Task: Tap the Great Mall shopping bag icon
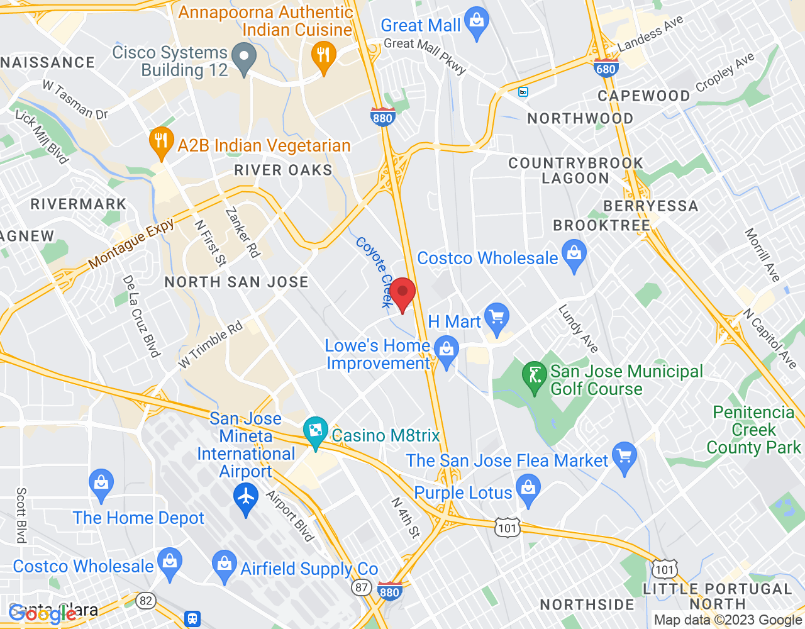coord(477,23)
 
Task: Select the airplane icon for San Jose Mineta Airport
coord(245,497)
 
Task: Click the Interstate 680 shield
coord(606,69)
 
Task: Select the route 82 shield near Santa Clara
coord(146,601)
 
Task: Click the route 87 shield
coord(361,587)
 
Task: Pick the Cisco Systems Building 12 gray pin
coord(244,57)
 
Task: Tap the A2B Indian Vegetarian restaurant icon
coord(162,142)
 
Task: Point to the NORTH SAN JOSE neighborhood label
coord(236,282)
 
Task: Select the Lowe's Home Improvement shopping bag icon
coord(447,352)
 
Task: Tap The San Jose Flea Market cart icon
coord(625,457)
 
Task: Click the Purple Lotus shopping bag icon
coord(528,489)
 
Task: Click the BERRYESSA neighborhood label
coord(650,206)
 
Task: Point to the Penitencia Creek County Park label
coord(753,430)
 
